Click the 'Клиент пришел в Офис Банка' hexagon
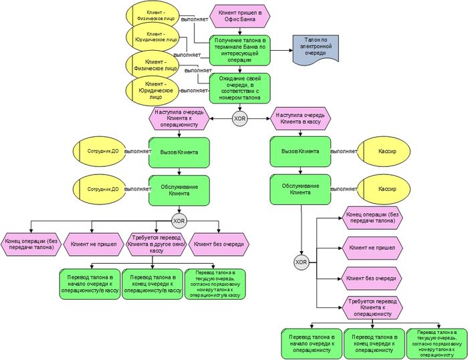click(x=240, y=15)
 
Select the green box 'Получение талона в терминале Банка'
click(x=241, y=50)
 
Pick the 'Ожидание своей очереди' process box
click(x=241, y=88)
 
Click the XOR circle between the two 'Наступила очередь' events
click(x=240, y=119)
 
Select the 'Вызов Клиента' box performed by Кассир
click(x=300, y=152)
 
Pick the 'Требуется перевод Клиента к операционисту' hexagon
click(x=372, y=307)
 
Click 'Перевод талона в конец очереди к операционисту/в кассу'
click(x=153, y=283)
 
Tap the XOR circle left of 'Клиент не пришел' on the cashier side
click(x=301, y=262)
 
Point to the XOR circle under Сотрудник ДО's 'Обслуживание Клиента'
click(x=179, y=220)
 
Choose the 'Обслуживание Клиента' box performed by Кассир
click(x=300, y=189)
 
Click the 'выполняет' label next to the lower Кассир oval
click(x=344, y=189)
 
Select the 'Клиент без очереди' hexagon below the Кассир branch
click(x=371, y=278)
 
